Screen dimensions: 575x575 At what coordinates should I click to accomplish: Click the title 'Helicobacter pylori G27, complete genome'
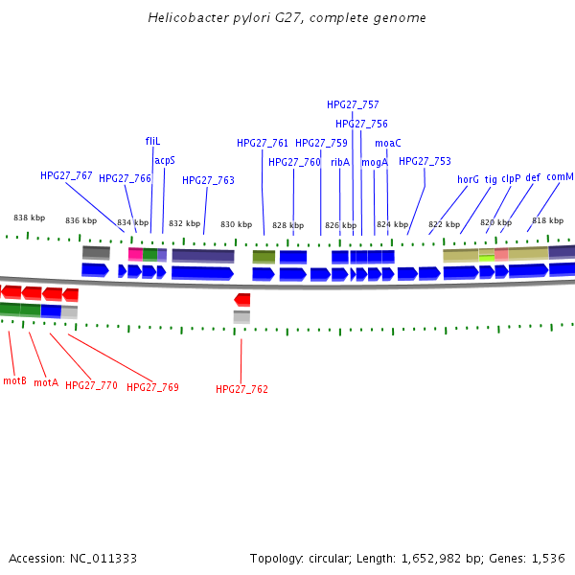(287, 18)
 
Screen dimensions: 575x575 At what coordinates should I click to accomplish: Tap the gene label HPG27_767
(66, 176)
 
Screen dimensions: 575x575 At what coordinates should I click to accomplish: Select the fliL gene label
(152, 141)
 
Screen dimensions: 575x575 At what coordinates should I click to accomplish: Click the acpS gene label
(165, 160)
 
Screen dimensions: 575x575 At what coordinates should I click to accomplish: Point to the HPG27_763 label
(208, 180)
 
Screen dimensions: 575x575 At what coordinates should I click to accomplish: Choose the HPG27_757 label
(353, 104)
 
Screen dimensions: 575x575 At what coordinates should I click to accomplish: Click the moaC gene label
(387, 143)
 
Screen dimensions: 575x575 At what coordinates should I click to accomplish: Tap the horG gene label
(468, 179)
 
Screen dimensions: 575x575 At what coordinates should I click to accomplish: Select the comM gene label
(560, 177)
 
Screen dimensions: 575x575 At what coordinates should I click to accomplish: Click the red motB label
(14, 380)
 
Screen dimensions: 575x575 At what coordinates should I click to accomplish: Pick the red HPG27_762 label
(241, 389)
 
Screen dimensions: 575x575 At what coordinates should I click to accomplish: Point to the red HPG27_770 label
(91, 385)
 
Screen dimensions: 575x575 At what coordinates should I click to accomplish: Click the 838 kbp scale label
(29, 218)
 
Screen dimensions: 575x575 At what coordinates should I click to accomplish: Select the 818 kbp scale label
(547, 220)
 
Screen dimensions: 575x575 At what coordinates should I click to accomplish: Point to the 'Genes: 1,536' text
(528, 558)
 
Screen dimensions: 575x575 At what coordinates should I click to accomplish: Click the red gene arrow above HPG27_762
(242, 300)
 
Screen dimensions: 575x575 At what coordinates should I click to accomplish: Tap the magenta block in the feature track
(135, 255)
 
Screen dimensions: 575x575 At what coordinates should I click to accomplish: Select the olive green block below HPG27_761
(264, 257)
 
